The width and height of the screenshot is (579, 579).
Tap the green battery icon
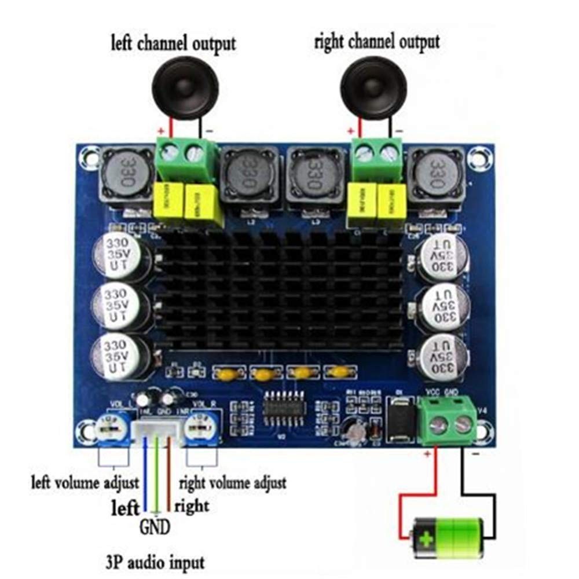coord(446,534)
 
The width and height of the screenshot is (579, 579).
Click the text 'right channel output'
coord(377,42)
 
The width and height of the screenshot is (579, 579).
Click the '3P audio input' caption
coord(156,562)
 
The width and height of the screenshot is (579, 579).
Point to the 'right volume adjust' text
coord(232,482)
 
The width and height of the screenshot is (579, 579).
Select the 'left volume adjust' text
coord(85,482)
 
